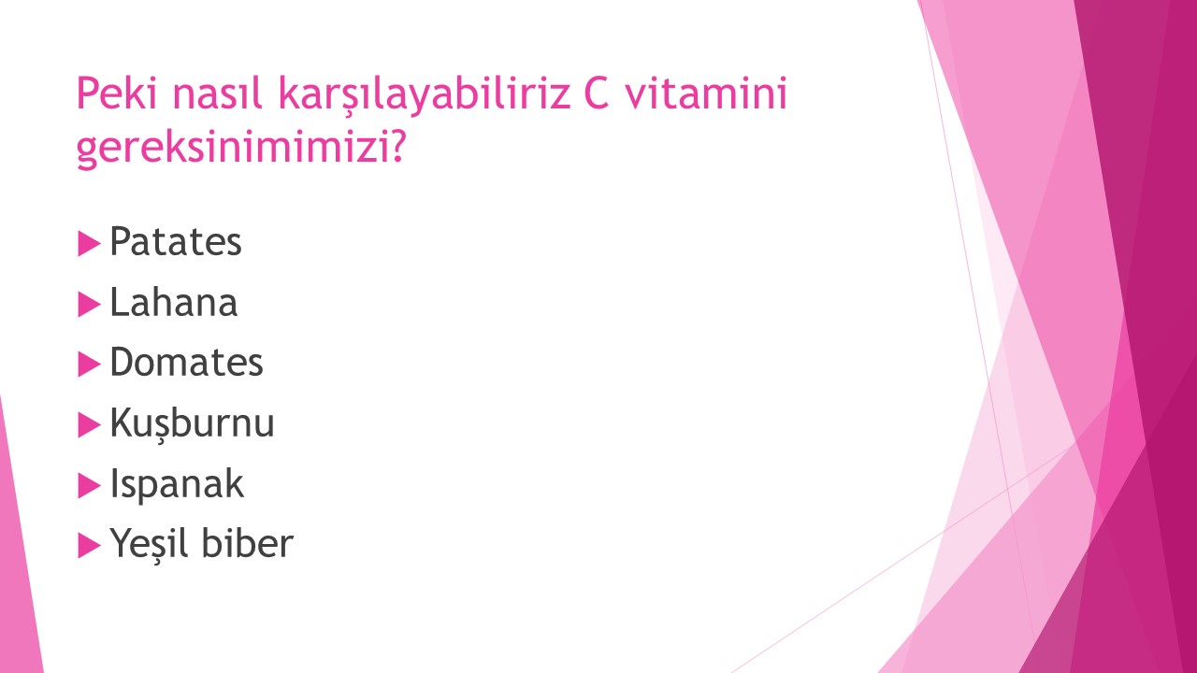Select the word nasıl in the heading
point(217,93)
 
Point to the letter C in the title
point(597,93)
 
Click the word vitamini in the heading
point(706,93)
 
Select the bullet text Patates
point(175,242)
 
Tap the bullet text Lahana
point(174,302)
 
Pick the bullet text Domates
point(186,362)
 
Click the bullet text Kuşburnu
point(192,423)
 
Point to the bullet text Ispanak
point(177,484)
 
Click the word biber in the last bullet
point(248,543)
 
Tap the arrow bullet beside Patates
point(89,244)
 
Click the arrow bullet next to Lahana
point(89,305)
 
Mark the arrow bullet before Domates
point(89,365)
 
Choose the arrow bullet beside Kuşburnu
point(89,425)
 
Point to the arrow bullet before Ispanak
point(89,485)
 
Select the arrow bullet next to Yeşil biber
point(89,546)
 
